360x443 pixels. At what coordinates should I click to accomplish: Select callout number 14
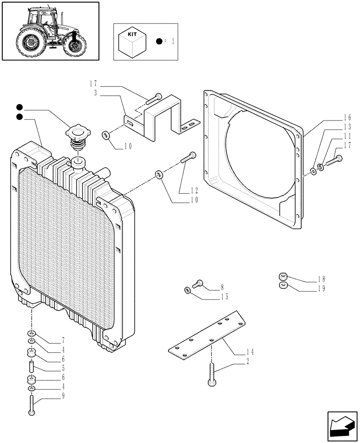click(x=250, y=353)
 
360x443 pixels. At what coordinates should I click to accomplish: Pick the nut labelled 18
click(x=282, y=277)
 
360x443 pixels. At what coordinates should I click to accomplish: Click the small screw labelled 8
click(x=199, y=283)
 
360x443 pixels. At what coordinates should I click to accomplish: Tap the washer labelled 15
click(x=188, y=290)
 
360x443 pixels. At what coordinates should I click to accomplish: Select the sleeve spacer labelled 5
click(x=31, y=367)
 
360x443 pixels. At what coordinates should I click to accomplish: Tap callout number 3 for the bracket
click(x=96, y=93)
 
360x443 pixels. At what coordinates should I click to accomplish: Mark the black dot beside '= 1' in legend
click(x=158, y=42)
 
